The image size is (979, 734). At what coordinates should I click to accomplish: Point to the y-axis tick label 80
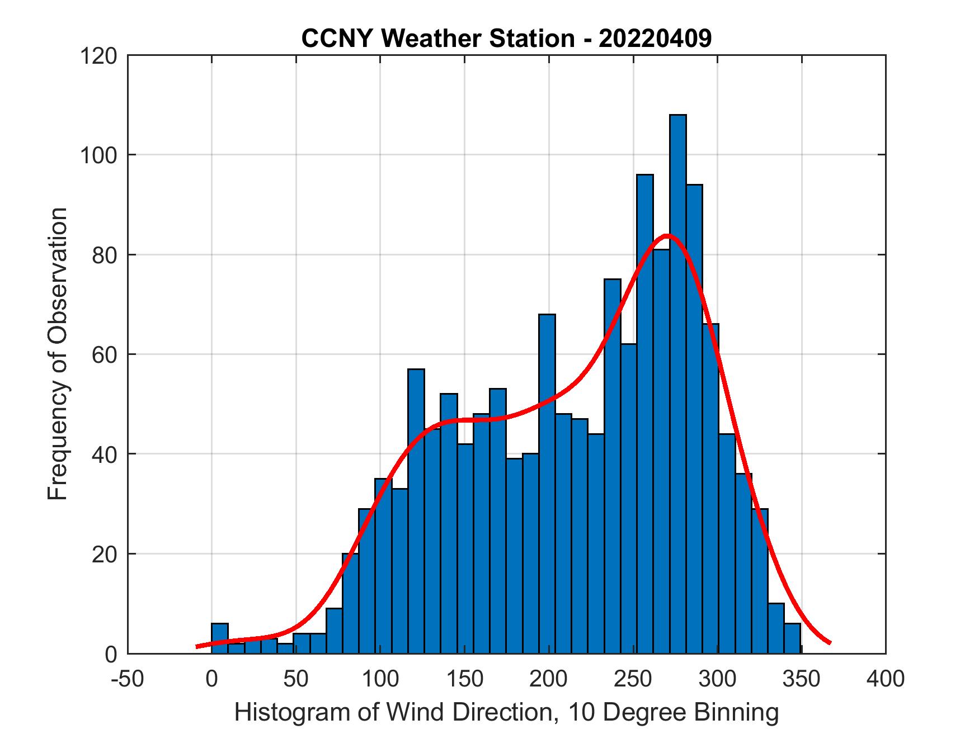point(105,255)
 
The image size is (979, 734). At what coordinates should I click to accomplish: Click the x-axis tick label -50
point(128,679)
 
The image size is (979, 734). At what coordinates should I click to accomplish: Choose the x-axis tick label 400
point(886,679)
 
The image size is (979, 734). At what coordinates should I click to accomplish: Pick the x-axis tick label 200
point(549,679)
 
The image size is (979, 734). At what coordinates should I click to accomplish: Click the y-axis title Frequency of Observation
point(58,354)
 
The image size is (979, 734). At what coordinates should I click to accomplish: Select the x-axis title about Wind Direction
point(506,712)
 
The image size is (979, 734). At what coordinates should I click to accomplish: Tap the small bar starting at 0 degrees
point(220,638)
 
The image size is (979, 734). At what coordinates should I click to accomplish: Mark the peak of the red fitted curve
point(667,235)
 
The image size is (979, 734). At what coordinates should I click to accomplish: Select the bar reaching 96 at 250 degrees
point(644,414)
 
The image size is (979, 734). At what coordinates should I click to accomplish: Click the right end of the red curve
point(830,642)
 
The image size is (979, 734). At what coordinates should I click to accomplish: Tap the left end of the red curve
point(197,646)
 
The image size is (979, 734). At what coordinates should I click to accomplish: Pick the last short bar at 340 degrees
point(792,638)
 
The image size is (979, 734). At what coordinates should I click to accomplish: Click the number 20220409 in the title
point(655,39)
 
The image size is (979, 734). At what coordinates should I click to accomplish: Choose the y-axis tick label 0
point(111,654)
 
